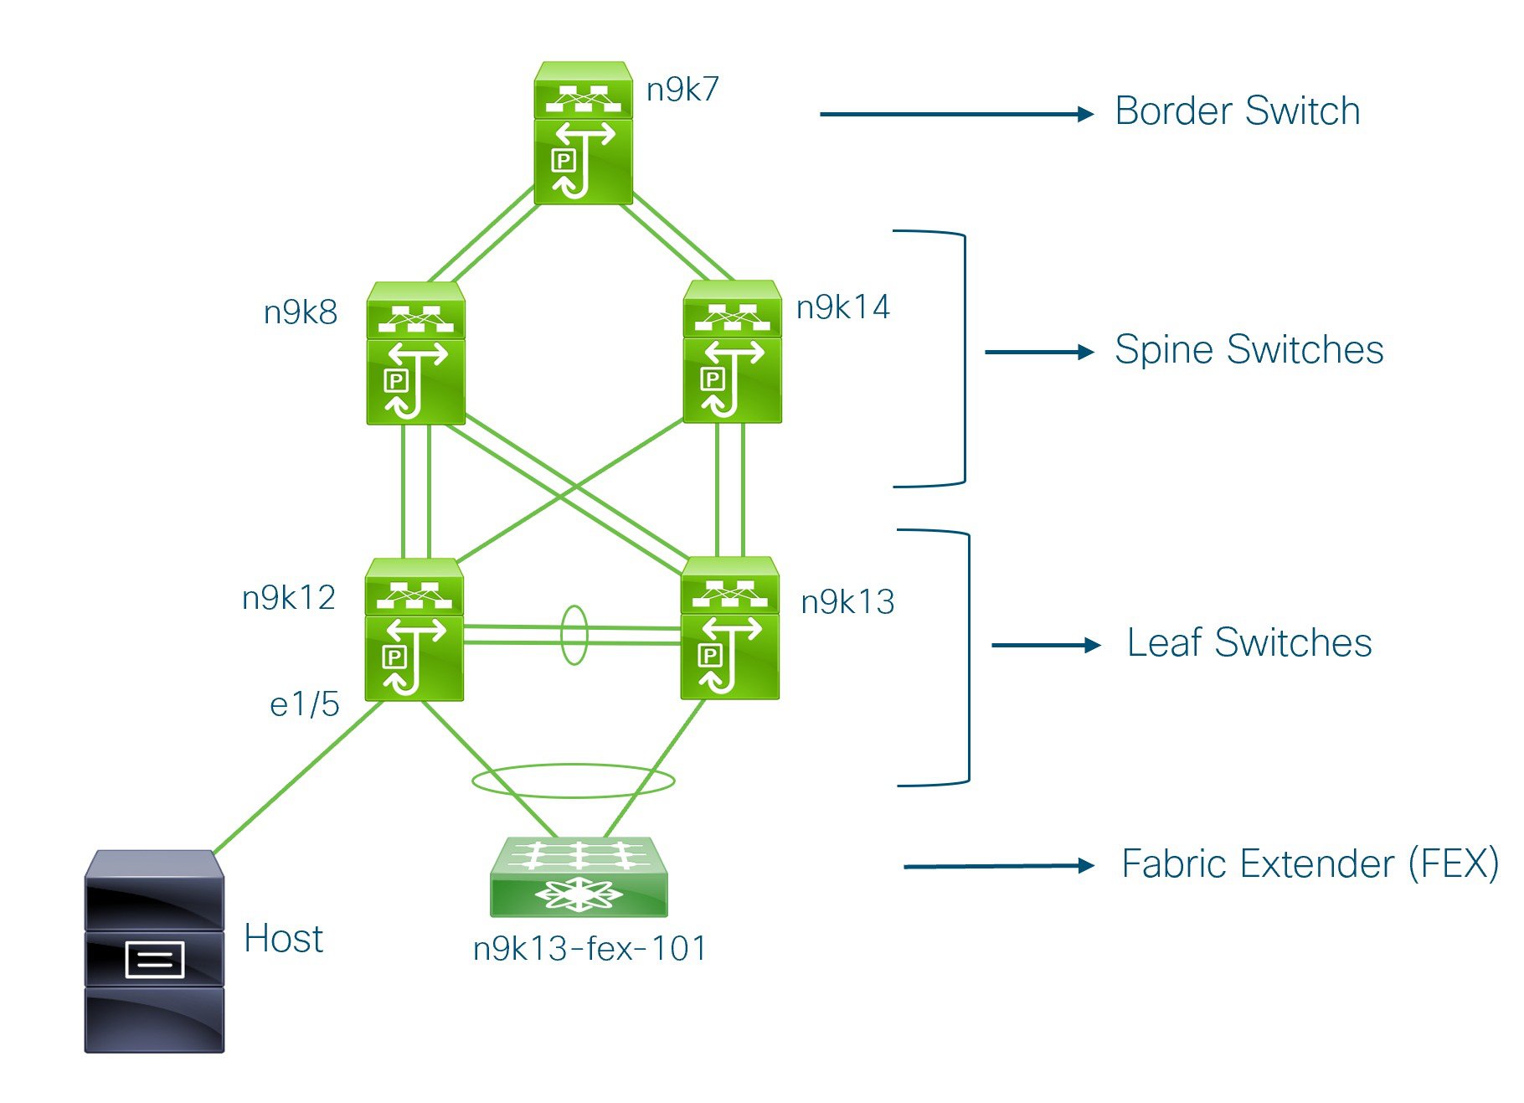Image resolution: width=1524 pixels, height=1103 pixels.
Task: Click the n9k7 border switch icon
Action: pyautogui.click(x=583, y=132)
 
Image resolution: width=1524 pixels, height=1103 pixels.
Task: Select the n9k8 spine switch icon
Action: pyautogui.click(x=415, y=353)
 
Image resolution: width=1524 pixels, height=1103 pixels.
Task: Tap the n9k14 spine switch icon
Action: pyautogui.click(x=732, y=351)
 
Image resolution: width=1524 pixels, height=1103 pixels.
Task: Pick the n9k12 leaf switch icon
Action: pyautogui.click(x=414, y=629)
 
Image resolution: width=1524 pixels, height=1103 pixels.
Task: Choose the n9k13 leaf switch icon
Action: pyautogui.click(x=730, y=627)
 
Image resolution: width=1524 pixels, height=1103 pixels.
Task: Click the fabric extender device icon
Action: pyautogui.click(x=579, y=876)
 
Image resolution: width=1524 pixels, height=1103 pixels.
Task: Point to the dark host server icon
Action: pyautogui.click(x=154, y=951)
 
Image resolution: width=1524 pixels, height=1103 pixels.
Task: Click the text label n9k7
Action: pyautogui.click(x=682, y=90)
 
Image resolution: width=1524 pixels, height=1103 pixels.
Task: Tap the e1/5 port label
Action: pyautogui.click(x=305, y=704)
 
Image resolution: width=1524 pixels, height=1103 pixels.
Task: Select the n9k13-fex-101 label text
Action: pyautogui.click(x=590, y=949)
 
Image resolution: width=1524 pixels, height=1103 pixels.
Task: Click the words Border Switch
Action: pyautogui.click(x=1238, y=111)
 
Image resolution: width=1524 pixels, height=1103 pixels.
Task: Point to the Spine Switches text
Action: pyautogui.click(x=1249, y=350)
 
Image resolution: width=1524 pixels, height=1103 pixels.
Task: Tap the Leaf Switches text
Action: pyautogui.click(x=1249, y=643)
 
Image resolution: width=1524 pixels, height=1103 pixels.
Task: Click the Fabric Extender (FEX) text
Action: pyautogui.click(x=1310, y=864)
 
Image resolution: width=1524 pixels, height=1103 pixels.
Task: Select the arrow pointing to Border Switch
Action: pyautogui.click(x=957, y=114)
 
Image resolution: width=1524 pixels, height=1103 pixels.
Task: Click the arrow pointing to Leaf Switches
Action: pyautogui.click(x=1046, y=645)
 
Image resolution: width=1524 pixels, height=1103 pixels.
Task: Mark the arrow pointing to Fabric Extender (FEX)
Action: pyautogui.click(x=999, y=866)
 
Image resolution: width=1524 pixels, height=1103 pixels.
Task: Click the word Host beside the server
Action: pyautogui.click(x=284, y=939)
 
